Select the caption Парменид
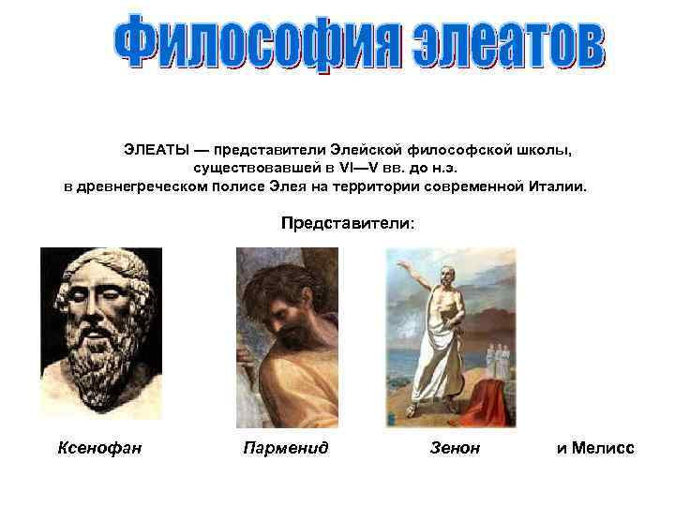pos(285,448)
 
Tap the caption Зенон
pos(454,448)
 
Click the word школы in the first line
pos(544,150)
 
